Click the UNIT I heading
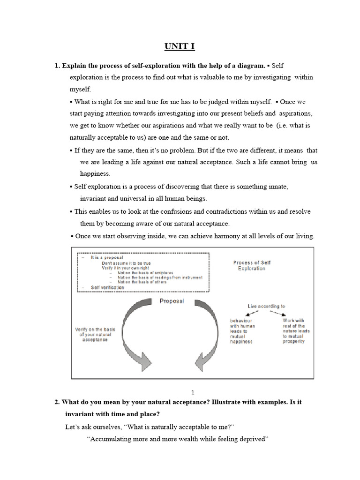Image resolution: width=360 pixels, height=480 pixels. pyautogui.click(x=180, y=46)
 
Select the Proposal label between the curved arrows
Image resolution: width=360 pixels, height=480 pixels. pyautogui.click(x=172, y=301)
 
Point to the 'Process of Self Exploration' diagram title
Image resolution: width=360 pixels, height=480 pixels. pyautogui.click(x=251, y=265)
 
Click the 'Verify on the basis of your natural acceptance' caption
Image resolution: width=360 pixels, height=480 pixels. pyautogui.click(x=95, y=334)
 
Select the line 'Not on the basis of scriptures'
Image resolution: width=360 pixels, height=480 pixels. pyautogui.click(x=146, y=273)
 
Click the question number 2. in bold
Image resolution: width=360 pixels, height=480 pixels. pyautogui.click(x=58, y=403)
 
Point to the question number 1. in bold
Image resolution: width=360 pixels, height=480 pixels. pyautogui.click(x=58, y=65)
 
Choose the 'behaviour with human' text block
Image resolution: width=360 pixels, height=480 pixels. pyautogui.click(x=242, y=331)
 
